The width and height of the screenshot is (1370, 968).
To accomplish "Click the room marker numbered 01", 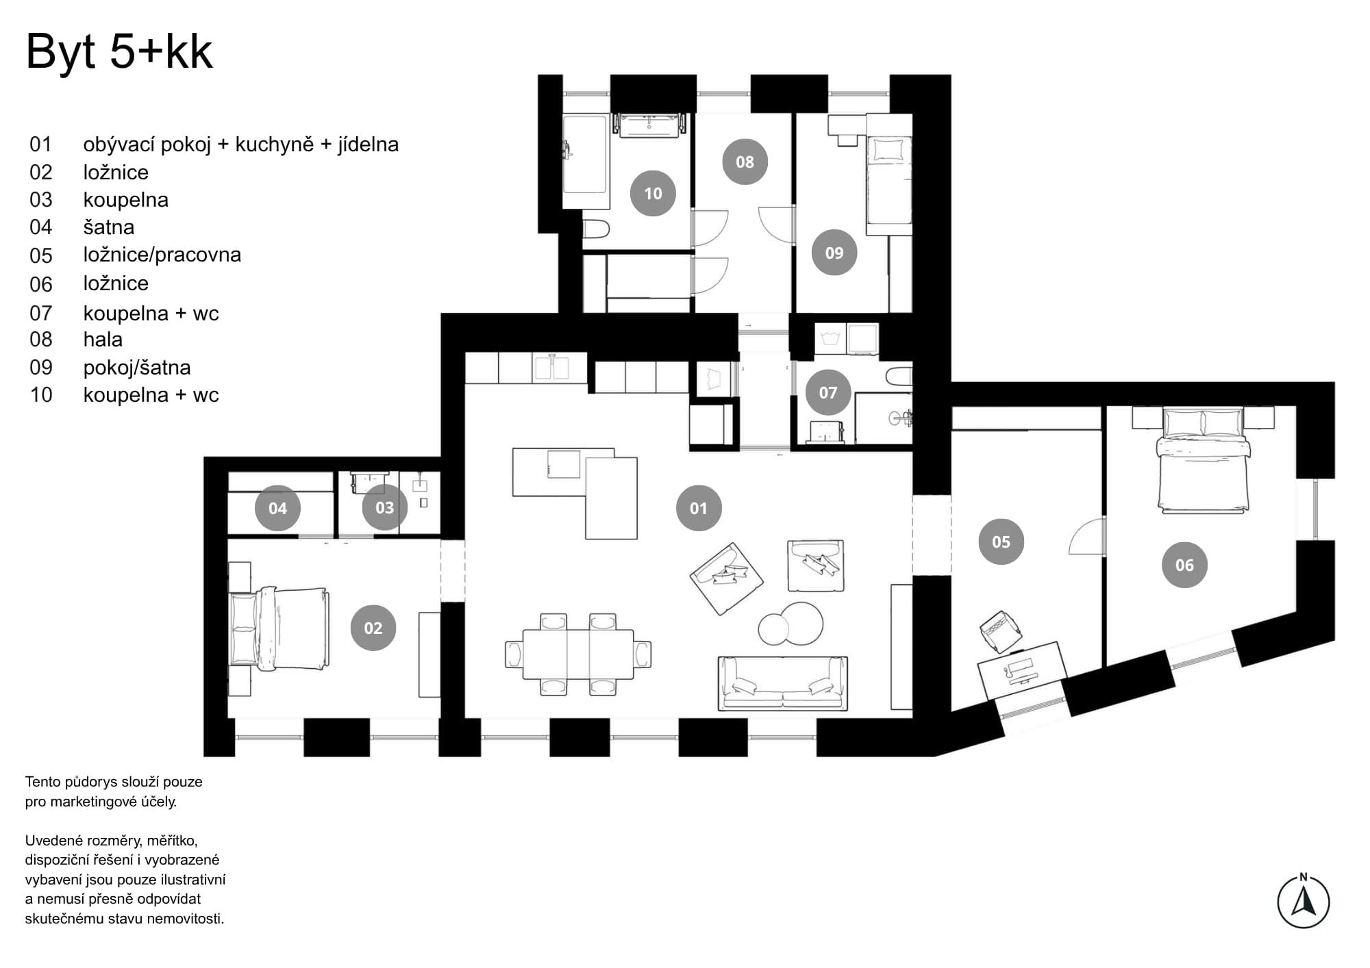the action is click(x=698, y=509).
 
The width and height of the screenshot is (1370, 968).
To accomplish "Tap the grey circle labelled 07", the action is click(x=827, y=392).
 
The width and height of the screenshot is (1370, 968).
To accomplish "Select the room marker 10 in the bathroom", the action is click(x=653, y=194).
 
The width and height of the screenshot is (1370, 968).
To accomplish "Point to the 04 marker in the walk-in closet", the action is click(x=277, y=508).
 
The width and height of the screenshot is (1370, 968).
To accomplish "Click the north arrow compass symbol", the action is click(x=1303, y=900).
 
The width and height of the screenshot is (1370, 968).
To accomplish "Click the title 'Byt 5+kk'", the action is click(x=119, y=52).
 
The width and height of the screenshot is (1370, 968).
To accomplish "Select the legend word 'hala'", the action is click(x=103, y=340).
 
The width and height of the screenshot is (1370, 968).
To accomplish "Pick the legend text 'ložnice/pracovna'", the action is click(x=162, y=255).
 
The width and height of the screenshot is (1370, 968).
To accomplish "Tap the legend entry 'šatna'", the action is click(x=109, y=227).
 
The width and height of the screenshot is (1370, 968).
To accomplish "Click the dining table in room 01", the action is click(x=578, y=654).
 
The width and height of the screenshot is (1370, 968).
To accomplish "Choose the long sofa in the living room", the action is click(x=782, y=683).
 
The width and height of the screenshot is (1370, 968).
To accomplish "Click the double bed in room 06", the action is click(x=1203, y=460).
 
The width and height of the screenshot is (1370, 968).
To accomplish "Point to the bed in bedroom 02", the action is click(x=280, y=628).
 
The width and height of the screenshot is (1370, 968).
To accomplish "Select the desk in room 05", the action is click(x=1021, y=668).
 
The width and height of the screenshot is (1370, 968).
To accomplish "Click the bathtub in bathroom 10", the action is click(x=586, y=161).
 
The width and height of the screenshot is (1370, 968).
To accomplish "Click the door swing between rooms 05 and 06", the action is click(x=1087, y=536).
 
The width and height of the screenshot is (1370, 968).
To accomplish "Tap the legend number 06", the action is click(x=41, y=284).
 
